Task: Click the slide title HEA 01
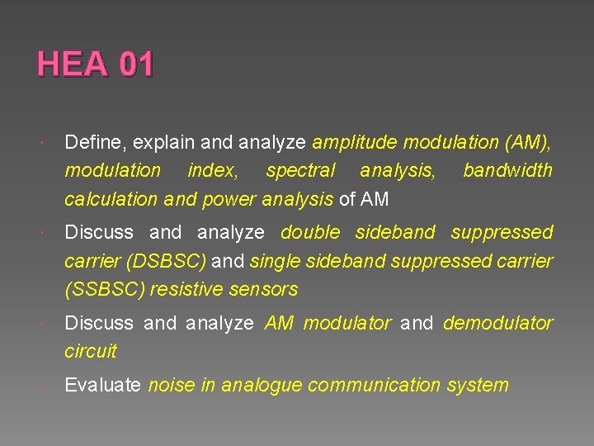point(95,64)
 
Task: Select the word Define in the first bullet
point(91,143)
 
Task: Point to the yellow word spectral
point(300,171)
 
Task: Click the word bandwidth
point(507,171)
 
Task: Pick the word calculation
point(111,199)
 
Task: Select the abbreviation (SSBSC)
point(103,290)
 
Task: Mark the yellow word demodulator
point(497,323)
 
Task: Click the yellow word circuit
point(91,351)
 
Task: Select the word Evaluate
point(102,385)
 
